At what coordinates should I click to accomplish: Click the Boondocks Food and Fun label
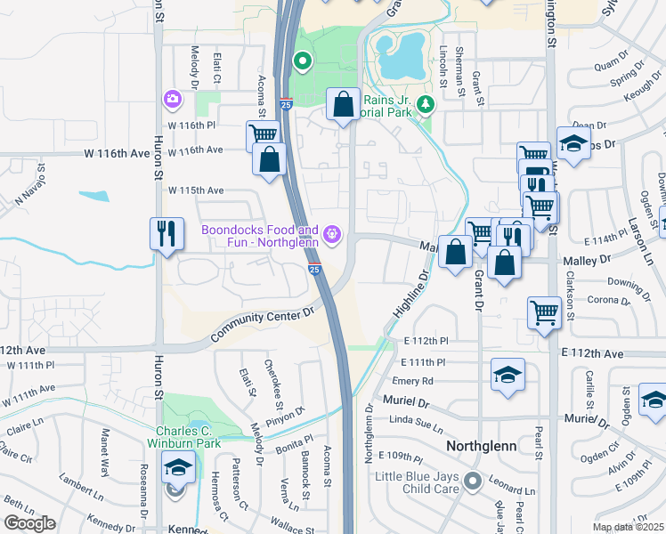tap(259, 236)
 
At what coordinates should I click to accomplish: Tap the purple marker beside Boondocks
tap(332, 235)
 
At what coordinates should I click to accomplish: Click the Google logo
tap(29, 523)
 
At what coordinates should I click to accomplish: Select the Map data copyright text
tap(627, 527)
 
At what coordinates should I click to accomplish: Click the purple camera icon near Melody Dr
tap(172, 99)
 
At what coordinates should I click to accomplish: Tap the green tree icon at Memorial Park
tap(426, 105)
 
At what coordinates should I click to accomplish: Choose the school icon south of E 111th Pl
tap(508, 375)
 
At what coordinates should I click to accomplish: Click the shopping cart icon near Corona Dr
tap(544, 312)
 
